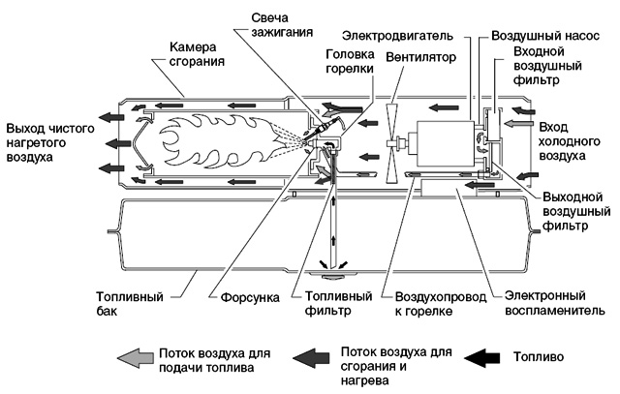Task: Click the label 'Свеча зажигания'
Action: [282, 25]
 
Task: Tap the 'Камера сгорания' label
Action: [197, 54]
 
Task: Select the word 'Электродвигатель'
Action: [397, 36]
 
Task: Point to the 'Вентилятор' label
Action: [420, 57]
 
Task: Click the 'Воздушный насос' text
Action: [545, 36]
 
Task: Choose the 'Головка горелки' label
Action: [350, 61]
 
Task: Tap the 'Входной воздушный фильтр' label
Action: [547, 66]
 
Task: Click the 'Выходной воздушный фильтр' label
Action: [576, 211]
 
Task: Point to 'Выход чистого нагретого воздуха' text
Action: [50, 142]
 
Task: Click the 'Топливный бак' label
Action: [130, 304]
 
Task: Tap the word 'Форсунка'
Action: [250, 297]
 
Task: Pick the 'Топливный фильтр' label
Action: [338, 303]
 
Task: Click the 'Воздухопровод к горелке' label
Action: [441, 304]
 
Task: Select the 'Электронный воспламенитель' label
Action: [555, 303]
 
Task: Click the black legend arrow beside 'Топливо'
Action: [481, 357]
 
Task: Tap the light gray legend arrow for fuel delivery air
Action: [136, 358]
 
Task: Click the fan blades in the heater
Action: [391, 144]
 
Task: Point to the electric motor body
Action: [446, 144]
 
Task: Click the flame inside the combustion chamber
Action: [222, 143]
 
